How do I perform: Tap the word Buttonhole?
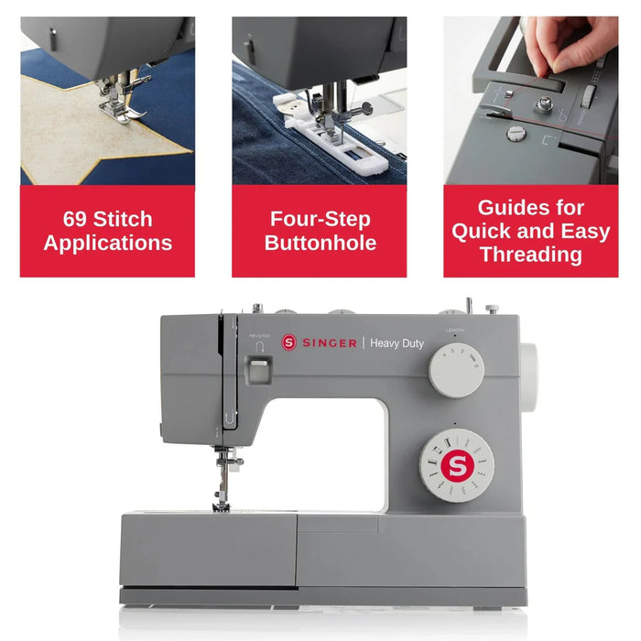(320, 243)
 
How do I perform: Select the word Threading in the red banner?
(531, 254)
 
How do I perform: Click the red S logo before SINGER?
(289, 342)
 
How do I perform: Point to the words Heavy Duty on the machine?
(397, 342)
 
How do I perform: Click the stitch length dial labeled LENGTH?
(454, 370)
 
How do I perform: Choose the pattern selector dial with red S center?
(457, 465)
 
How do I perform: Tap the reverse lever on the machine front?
(259, 369)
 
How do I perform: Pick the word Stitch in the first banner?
(122, 220)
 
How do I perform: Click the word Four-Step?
(320, 219)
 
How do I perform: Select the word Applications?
(107, 244)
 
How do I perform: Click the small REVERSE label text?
(259, 336)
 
